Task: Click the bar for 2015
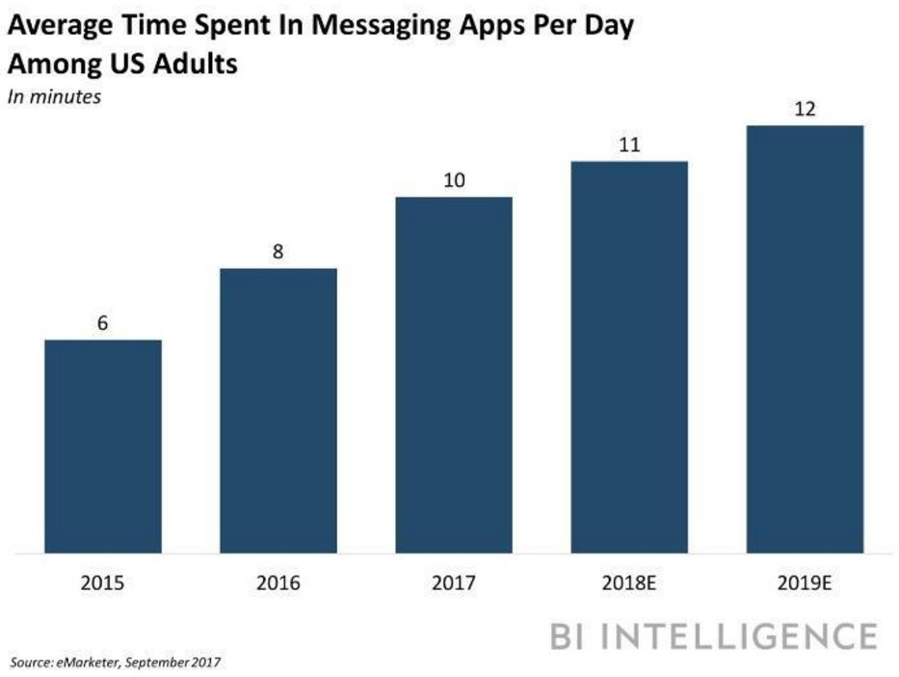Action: pos(103,446)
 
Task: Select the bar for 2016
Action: pos(278,410)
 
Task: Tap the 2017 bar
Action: pos(454,374)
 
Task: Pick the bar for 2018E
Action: pos(629,357)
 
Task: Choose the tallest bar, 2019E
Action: pos(805,338)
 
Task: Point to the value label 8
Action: pos(278,253)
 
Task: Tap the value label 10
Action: pos(454,181)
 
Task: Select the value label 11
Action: pos(629,146)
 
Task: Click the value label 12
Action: pos(805,109)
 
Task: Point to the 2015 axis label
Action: pos(103,583)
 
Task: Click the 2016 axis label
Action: pos(278,583)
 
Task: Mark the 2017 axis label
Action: pos(454,583)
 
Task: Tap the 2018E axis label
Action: pos(629,583)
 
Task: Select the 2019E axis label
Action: pos(805,583)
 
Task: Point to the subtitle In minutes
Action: pos(54,96)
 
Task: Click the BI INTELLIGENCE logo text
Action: pos(714,636)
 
